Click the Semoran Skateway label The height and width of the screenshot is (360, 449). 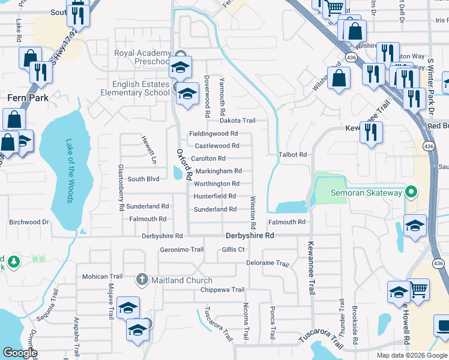click(366, 193)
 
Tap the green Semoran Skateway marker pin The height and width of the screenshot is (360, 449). click(411, 193)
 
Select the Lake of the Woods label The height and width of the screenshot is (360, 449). click(70, 170)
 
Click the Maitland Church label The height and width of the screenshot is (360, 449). click(182, 280)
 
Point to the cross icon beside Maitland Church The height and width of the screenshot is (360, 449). click(142, 280)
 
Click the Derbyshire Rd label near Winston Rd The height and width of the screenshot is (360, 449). click(250, 236)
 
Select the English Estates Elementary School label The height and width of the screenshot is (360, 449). click(135, 89)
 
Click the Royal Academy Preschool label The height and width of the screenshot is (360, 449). click(142, 57)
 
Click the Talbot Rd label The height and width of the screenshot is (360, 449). click(293, 155)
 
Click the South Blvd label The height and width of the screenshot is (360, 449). click(143, 179)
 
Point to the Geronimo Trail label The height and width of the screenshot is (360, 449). click(178, 250)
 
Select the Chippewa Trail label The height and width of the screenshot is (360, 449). click(222, 290)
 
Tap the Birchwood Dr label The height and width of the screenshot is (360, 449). click(29, 222)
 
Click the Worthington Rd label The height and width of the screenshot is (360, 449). click(217, 184)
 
